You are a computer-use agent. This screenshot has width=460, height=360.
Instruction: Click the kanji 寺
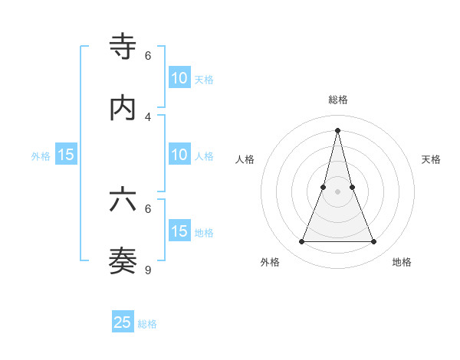click(x=123, y=47)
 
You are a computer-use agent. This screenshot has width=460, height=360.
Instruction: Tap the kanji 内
click(x=123, y=108)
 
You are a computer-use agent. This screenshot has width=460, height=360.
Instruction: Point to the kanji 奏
click(x=123, y=260)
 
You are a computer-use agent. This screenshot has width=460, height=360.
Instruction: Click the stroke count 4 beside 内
click(x=148, y=116)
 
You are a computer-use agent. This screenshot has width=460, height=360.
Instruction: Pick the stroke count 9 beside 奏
click(x=148, y=270)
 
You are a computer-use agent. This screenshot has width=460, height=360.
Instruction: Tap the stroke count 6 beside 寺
click(x=148, y=55)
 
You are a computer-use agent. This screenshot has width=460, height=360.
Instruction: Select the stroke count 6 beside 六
click(x=148, y=208)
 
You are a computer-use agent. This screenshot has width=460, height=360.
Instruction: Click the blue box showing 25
click(x=123, y=322)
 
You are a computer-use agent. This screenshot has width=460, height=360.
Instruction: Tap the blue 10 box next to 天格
click(x=179, y=77)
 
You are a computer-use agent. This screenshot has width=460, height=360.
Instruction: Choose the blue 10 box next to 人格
click(x=179, y=155)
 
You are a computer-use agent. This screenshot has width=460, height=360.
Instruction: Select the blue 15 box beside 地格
click(x=179, y=231)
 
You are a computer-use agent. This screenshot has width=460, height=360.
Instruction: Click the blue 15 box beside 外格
click(x=66, y=155)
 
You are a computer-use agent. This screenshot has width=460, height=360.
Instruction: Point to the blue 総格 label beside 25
click(x=147, y=324)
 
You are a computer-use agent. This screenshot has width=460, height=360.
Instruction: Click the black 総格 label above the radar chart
click(x=337, y=100)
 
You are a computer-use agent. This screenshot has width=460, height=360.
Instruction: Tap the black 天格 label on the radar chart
click(x=432, y=159)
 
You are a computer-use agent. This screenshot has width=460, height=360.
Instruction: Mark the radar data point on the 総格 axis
click(x=337, y=129)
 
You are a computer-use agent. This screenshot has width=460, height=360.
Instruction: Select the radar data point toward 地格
click(x=374, y=242)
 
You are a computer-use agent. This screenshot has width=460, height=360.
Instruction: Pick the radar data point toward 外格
click(x=301, y=242)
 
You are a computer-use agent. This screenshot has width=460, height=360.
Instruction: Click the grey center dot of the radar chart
click(x=337, y=191)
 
